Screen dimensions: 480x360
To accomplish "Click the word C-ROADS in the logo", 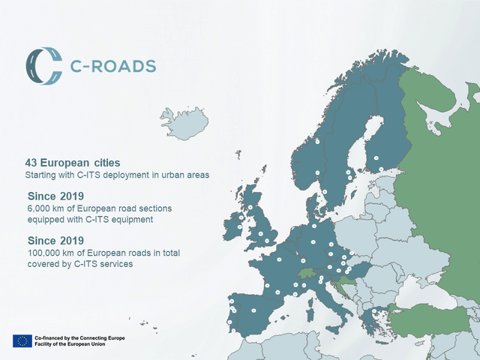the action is point(114,65).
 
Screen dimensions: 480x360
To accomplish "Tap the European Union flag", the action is point(22,341).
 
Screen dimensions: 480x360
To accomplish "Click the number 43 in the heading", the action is point(31,163).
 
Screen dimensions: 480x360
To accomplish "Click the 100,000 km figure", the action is point(51,253).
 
